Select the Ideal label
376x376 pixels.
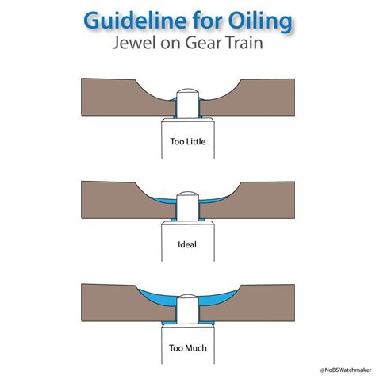(187, 244)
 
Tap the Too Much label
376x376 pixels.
(187, 347)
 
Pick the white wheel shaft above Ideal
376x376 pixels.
(187, 231)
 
